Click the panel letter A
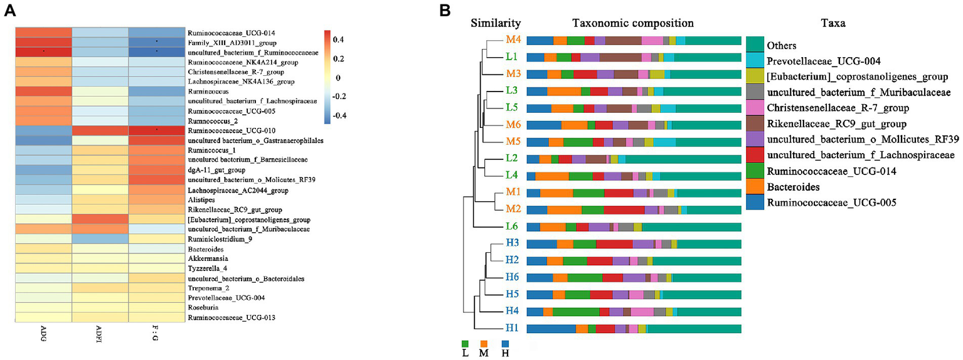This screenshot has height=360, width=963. tap(10, 11)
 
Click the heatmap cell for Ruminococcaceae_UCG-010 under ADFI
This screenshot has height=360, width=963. tap(99, 130)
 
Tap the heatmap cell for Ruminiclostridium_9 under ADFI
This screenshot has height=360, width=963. tap(99, 239)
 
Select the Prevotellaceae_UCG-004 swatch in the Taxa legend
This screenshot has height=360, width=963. tap(755, 61)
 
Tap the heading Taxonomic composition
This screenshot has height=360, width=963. tap(632, 23)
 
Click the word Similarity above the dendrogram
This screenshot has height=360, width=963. tap(496, 23)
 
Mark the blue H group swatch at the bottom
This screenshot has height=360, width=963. tap(505, 344)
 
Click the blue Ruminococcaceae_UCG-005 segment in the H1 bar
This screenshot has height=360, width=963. tap(550, 328)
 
